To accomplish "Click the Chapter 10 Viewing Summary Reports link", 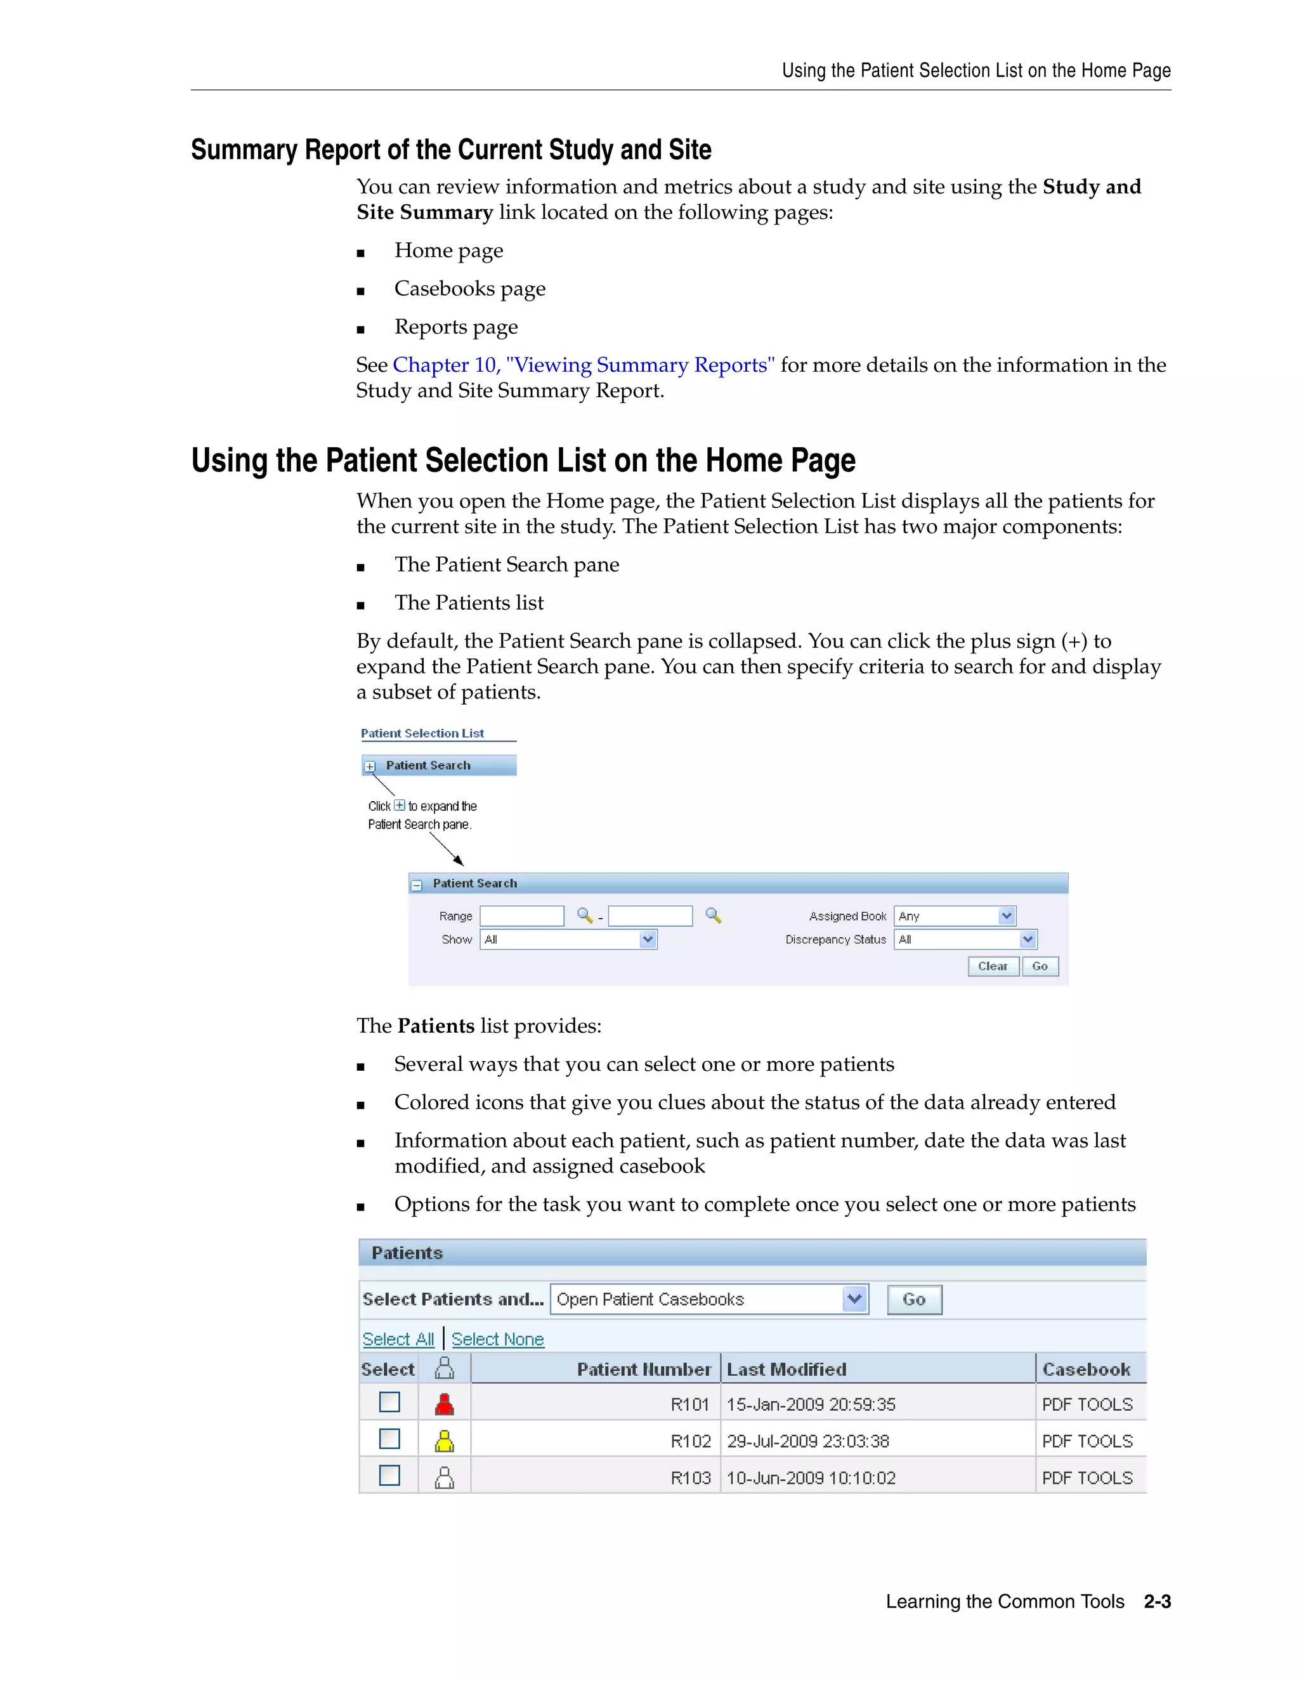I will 584,365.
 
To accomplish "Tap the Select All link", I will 398,1339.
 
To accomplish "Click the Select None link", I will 497,1339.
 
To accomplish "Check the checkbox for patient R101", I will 389,1403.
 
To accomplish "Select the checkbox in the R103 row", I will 389,1475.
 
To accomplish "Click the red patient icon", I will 444,1404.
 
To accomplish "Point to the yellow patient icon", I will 444,1440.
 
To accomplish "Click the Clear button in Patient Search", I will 993,966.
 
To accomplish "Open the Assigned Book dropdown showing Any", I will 954,916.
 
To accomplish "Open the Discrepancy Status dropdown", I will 965,939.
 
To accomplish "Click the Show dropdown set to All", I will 568,939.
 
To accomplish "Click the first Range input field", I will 522,916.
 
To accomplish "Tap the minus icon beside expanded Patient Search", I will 416,885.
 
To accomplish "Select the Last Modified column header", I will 787,1370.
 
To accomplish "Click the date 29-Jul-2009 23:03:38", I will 807,1441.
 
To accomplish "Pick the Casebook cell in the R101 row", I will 1087,1404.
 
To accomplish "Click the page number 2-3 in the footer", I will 1157,1602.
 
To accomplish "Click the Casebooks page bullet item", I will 469,289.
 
